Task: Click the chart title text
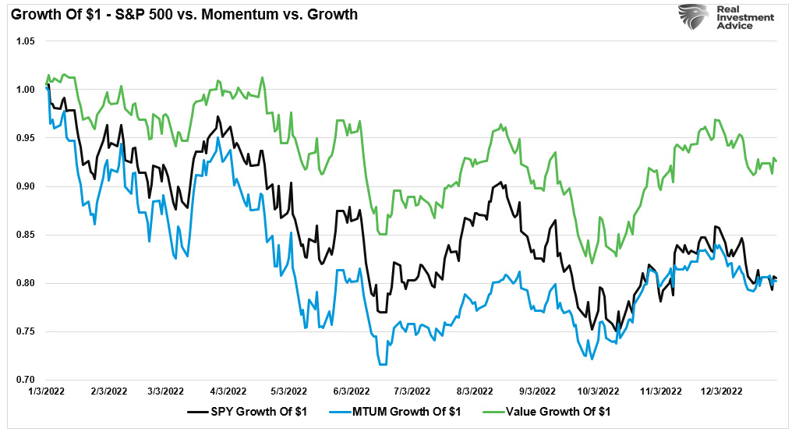pyautogui.click(x=183, y=14)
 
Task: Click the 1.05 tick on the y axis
pyautogui.click(x=26, y=41)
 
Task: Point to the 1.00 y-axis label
pyautogui.click(x=26, y=90)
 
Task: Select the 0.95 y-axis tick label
pyautogui.click(x=26, y=138)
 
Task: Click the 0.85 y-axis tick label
pyautogui.click(x=26, y=235)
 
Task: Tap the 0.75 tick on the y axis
pyautogui.click(x=26, y=331)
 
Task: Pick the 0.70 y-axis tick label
pyautogui.click(x=26, y=380)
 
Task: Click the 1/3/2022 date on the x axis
pyautogui.click(x=47, y=392)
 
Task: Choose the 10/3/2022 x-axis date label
pyautogui.click(x=598, y=392)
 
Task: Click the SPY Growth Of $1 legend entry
pyautogui.click(x=249, y=411)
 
